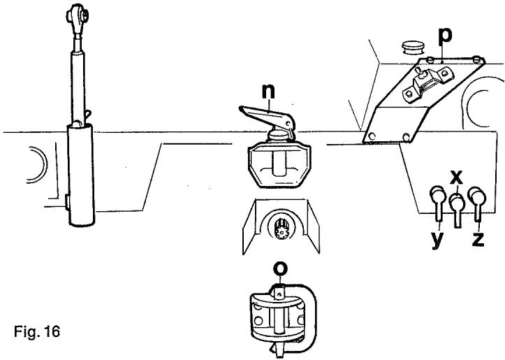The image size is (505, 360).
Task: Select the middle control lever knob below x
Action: pos(457,203)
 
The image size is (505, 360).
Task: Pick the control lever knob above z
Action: pos(478,195)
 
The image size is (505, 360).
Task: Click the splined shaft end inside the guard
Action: pos(283,228)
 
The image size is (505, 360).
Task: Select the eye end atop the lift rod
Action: pos(75,16)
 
